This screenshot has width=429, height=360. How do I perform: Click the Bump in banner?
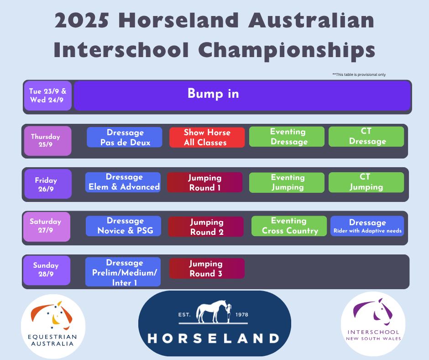242,95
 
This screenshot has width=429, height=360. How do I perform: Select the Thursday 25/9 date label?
48,141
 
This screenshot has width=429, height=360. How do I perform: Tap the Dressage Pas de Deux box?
125,137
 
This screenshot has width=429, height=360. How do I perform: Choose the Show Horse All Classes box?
207,137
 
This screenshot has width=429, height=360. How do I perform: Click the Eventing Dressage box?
287,137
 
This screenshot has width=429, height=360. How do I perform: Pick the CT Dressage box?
366,137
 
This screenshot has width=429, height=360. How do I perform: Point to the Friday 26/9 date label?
48,184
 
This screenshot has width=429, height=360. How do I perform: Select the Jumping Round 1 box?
204,182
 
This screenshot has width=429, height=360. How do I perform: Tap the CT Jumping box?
366,182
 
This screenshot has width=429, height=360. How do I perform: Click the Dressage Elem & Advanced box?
123,182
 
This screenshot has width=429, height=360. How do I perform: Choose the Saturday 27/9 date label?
47,227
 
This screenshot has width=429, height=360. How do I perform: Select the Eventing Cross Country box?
289,226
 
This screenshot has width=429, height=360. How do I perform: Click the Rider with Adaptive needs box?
367,226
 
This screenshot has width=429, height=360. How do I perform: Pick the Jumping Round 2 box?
206,227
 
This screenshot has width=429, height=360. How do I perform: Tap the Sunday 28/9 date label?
47,270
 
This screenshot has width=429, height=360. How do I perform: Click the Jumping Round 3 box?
207,268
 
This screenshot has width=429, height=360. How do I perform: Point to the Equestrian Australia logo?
53,326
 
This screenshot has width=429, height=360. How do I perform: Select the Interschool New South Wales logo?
373,322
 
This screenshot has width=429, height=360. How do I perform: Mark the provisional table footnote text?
359,74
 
